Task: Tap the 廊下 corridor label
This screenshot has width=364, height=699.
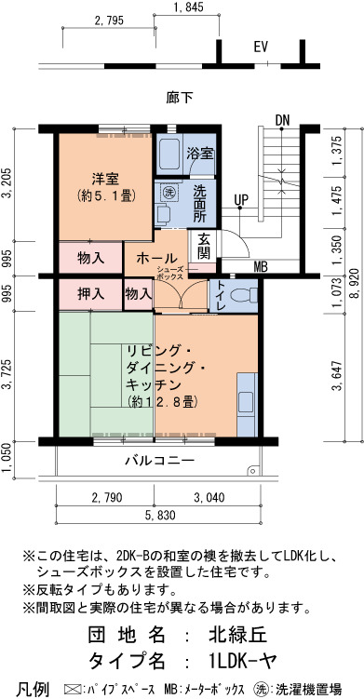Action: [x=181, y=98]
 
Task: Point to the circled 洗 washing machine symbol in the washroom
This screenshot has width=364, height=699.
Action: [x=169, y=193]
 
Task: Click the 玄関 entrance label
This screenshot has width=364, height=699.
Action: [x=204, y=247]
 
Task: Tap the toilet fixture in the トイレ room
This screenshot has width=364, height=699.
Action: [x=248, y=295]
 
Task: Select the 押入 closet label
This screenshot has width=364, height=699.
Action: [x=90, y=294]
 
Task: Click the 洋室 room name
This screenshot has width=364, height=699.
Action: [x=105, y=180]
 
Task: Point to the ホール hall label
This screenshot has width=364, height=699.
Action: [x=156, y=258]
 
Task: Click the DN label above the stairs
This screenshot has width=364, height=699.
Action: [x=282, y=120]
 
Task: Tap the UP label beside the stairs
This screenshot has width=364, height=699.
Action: [x=241, y=199]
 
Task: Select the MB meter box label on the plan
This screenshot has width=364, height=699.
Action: [x=261, y=267]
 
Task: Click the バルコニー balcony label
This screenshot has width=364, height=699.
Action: [x=159, y=460]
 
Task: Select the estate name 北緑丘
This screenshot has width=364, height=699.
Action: [x=237, y=635]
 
